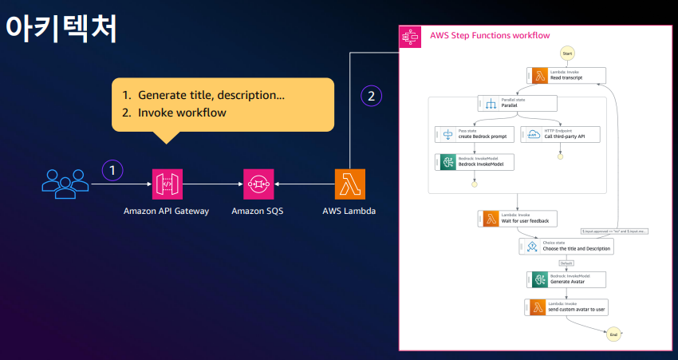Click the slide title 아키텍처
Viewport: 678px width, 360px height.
[61, 28]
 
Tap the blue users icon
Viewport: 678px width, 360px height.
[65, 183]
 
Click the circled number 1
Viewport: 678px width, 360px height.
[113, 169]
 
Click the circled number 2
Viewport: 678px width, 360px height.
[371, 96]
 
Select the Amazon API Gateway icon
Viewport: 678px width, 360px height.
[166, 184]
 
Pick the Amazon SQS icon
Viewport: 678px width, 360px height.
[258, 184]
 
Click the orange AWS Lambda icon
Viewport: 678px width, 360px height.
[350, 184]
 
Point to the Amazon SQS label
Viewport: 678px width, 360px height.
[258, 212]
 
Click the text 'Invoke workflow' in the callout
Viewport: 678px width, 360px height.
[182, 113]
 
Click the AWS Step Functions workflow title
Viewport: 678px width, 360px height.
[489, 35]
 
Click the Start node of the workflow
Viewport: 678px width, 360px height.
[567, 53]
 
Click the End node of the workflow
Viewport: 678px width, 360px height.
[613, 334]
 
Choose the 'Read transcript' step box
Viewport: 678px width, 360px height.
[566, 76]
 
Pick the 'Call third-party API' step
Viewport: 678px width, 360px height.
[560, 135]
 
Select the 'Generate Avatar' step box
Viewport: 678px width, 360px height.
[566, 279]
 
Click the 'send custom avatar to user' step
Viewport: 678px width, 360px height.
[566, 307]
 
